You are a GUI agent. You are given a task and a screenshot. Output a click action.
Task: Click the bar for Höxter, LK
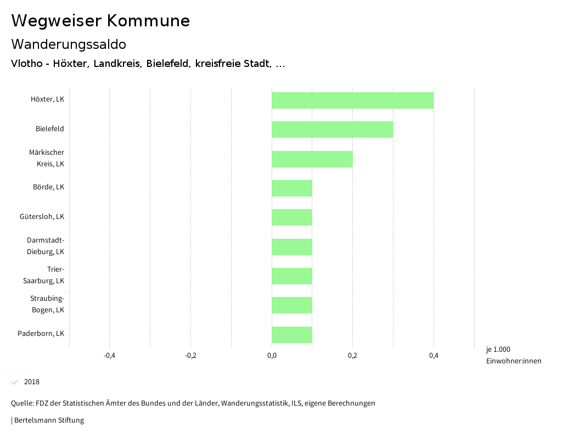click(352, 100)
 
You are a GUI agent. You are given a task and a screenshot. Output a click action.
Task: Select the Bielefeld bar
click(332, 130)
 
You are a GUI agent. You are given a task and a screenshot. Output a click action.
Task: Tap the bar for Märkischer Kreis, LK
click(312, 159)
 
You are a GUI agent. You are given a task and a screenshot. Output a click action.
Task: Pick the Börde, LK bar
click(292, 188)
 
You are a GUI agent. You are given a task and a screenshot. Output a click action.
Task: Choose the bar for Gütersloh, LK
click(292, 217)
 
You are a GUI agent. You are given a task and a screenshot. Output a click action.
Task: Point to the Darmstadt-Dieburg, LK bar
click(292, 247)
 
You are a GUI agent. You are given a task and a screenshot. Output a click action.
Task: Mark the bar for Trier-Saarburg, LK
click(292, 276)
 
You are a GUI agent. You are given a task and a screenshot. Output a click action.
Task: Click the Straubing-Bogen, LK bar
click(292, 305)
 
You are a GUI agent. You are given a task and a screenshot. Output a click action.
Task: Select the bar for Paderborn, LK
click(292, 335)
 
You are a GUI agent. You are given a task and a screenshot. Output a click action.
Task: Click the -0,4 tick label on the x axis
click(109, 356)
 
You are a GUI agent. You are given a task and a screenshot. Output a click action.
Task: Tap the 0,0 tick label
click(272, 356)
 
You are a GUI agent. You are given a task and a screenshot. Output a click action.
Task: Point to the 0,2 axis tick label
click(352, 356)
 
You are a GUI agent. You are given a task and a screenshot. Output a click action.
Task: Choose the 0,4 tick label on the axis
click(434, 356)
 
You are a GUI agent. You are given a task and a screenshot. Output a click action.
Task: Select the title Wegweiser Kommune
click(100, 21)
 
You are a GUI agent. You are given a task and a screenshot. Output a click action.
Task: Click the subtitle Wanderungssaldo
click(69, 44)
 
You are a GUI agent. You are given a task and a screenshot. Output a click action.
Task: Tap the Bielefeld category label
click(50, 129)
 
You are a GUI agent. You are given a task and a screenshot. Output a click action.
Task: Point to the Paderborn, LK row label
click(41, 334)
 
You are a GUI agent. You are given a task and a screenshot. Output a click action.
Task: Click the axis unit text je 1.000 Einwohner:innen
click(513, 355)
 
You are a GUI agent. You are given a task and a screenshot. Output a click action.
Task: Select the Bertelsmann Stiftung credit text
click(48, 420)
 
